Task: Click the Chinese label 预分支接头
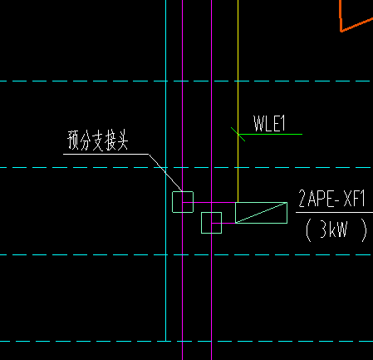click(98, 141)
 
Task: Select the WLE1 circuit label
click(269, 124)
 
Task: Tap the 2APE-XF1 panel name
click(331, 199)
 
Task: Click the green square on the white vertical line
click(183, 201)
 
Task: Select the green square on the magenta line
click(212, 223)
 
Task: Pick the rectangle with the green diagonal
click(261, 212)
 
